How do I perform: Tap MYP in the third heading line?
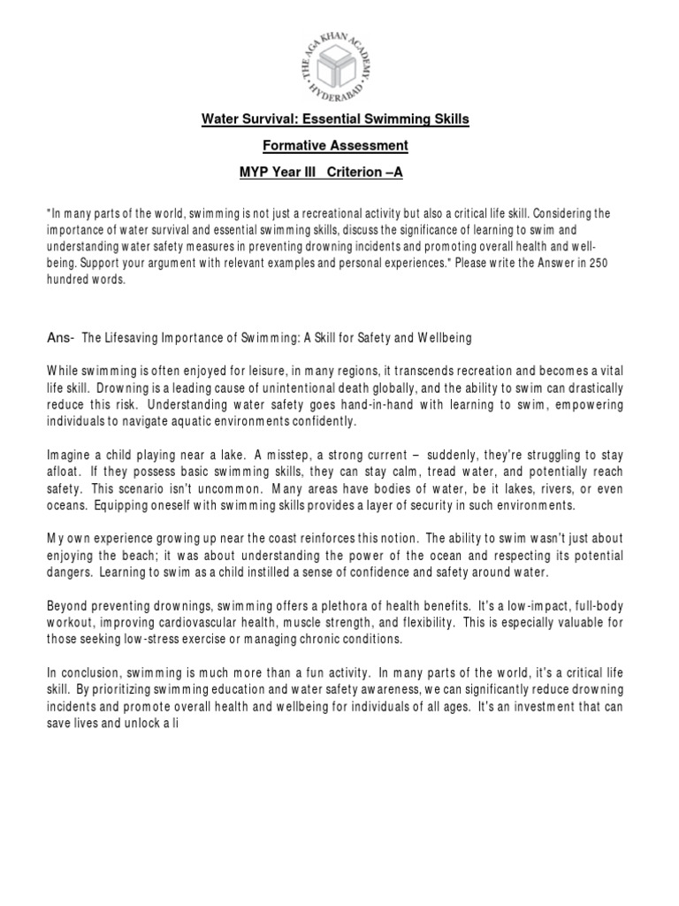pyautogui.click(x=255, y=172)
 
